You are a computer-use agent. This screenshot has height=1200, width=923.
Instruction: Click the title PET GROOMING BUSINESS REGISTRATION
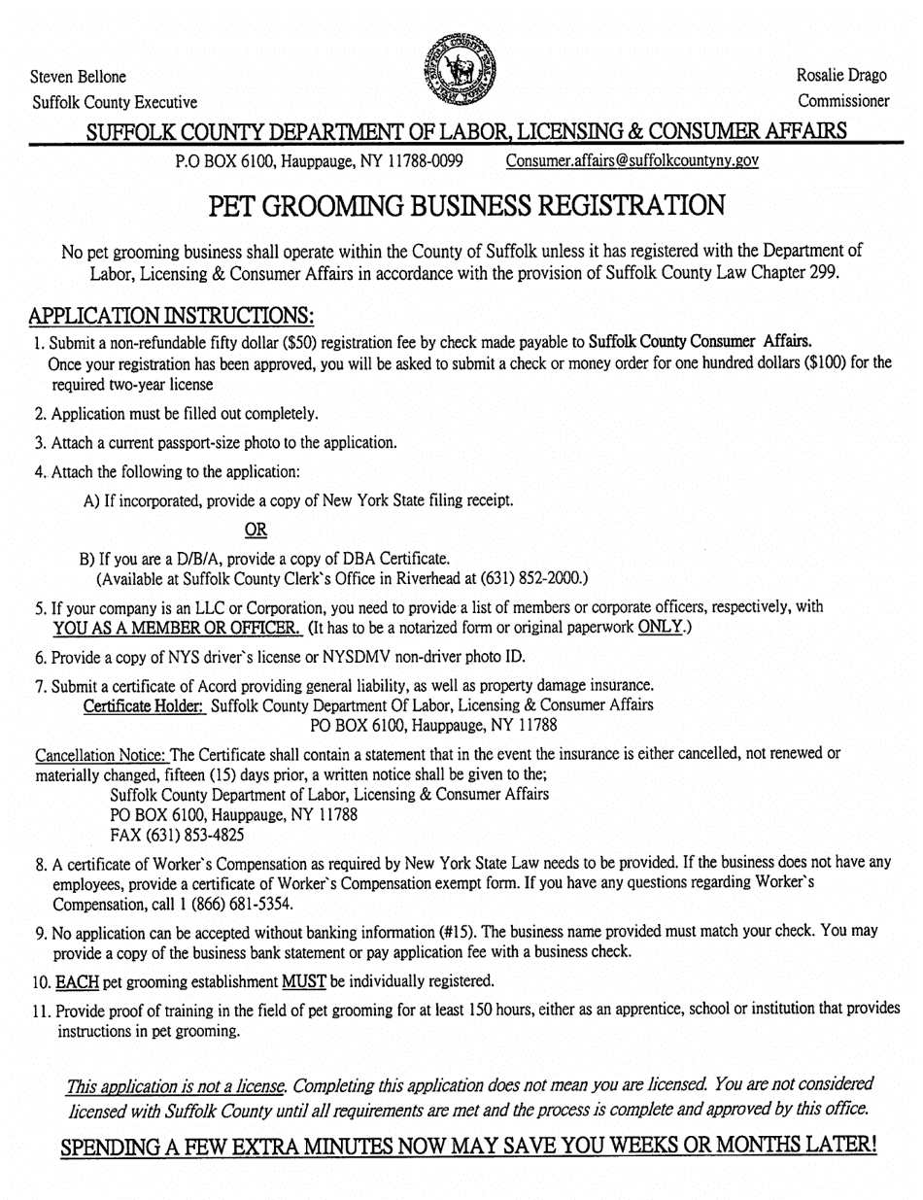click(461, 206)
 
